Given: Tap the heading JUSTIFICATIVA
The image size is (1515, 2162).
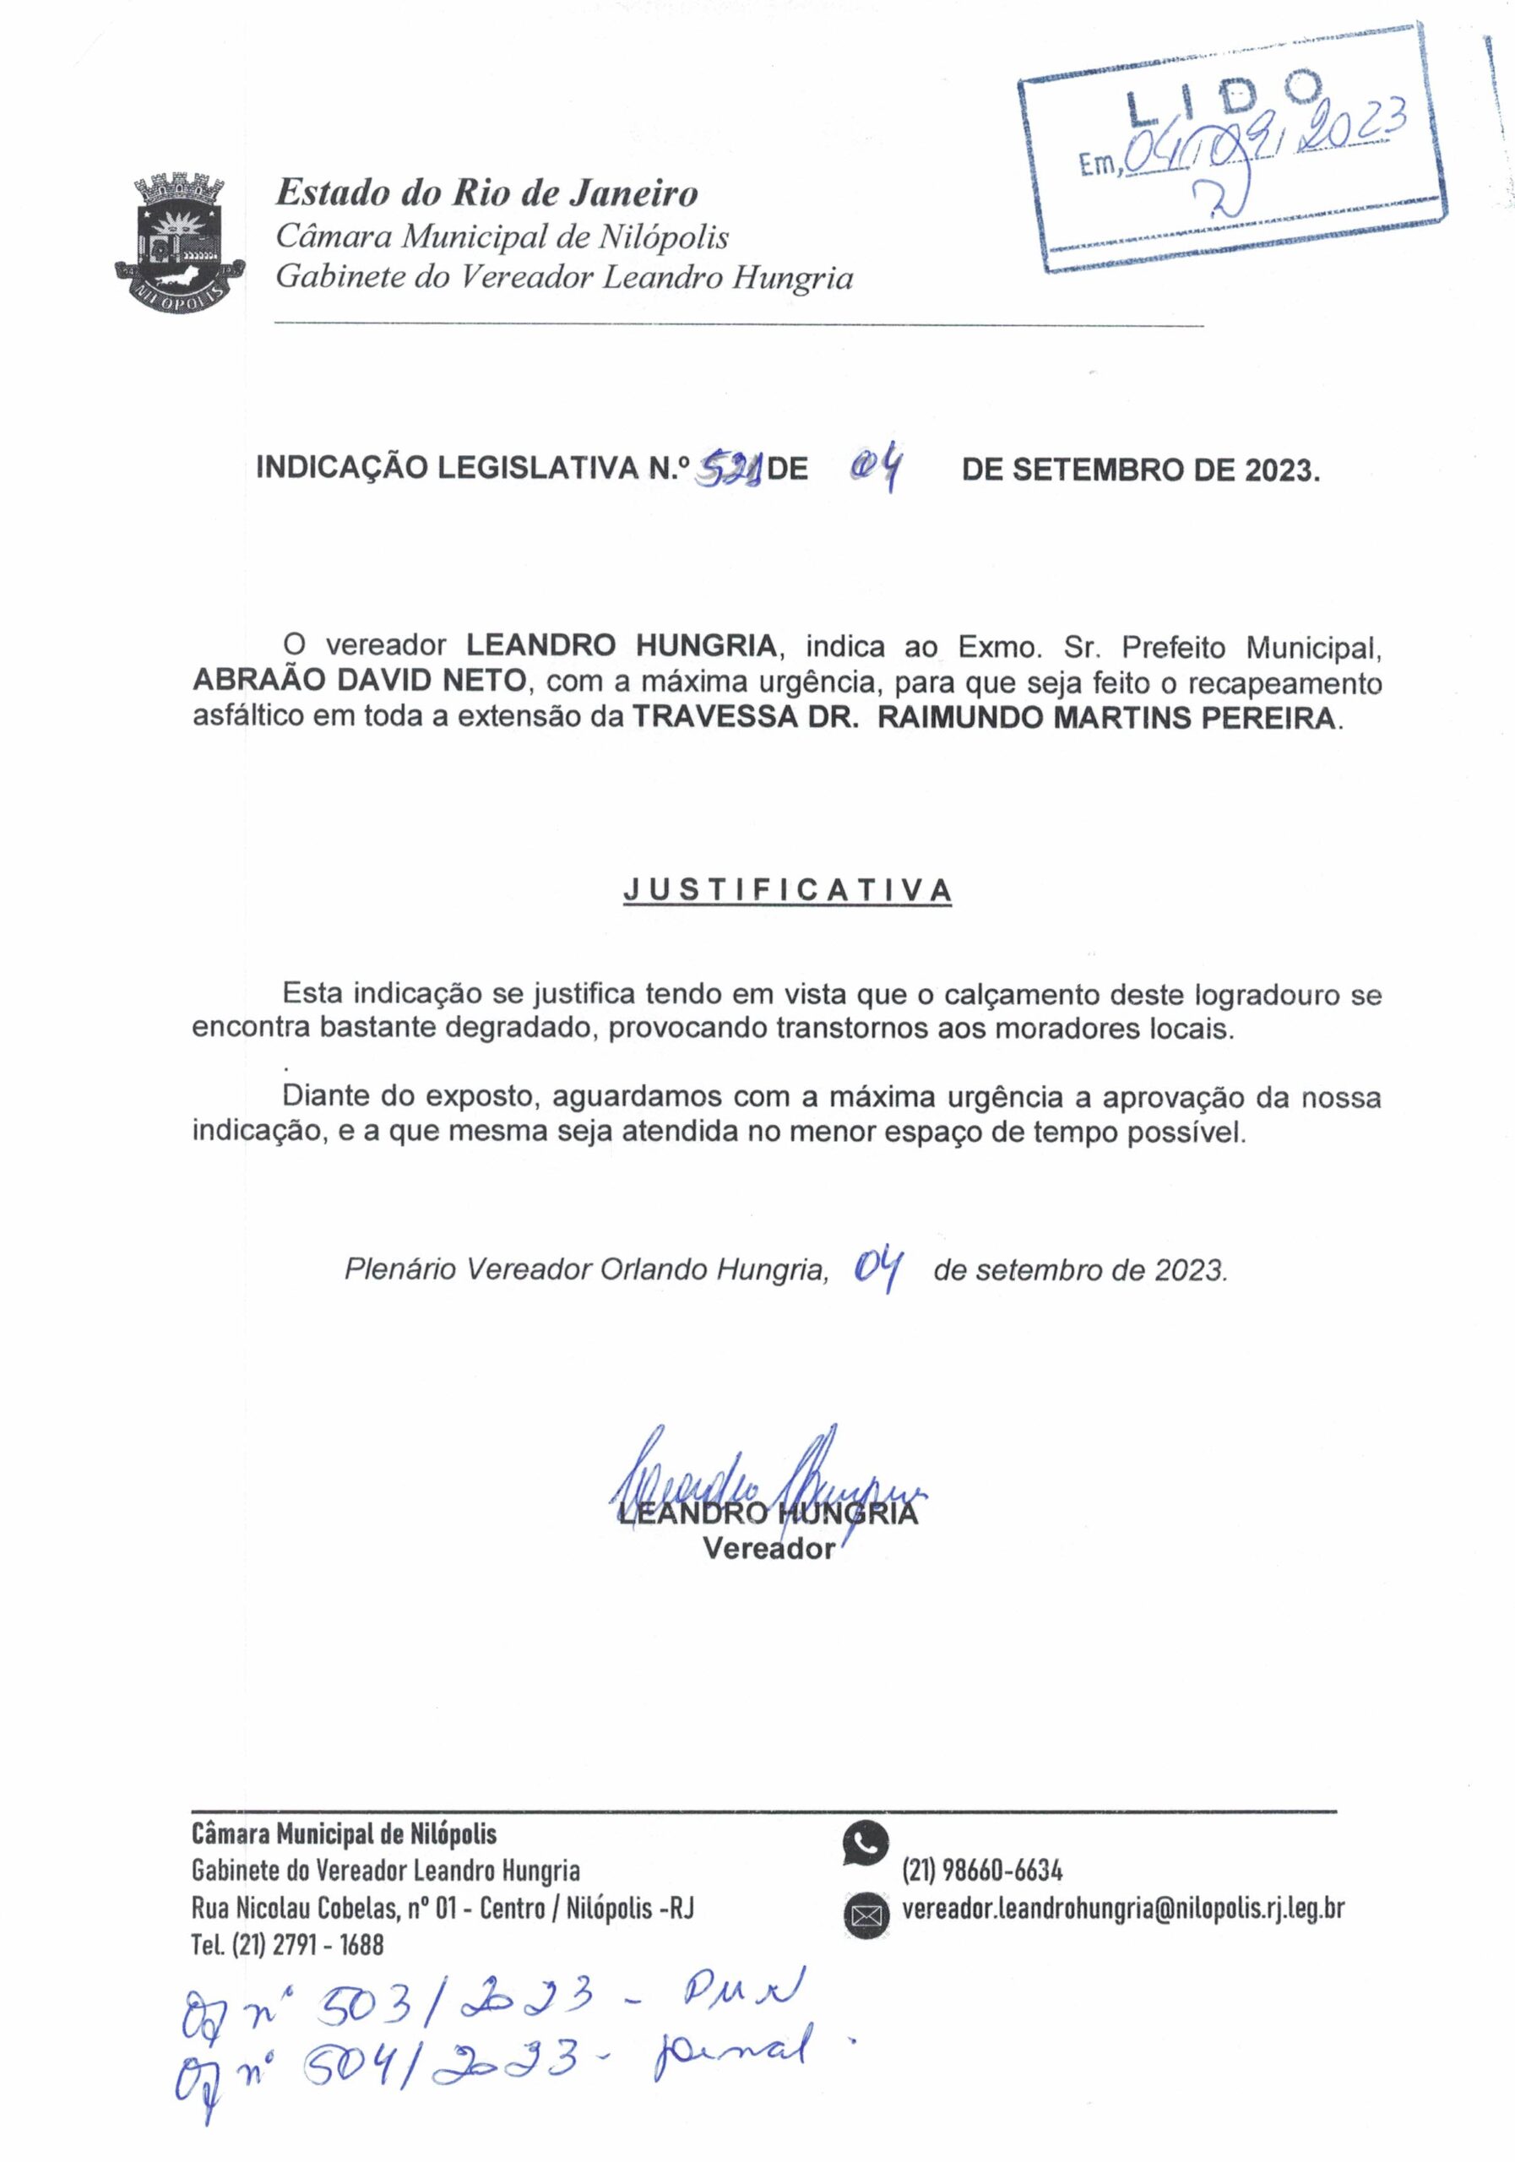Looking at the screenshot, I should [786, 890].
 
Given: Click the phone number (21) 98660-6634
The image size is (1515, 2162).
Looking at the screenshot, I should [982, 1869].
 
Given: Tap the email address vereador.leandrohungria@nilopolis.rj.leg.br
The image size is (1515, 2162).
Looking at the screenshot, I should [1122, 1909].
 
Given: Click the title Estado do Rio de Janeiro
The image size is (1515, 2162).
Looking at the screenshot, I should [486, 193].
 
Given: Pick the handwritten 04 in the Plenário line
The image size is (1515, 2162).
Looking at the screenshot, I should [878, 1270].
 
